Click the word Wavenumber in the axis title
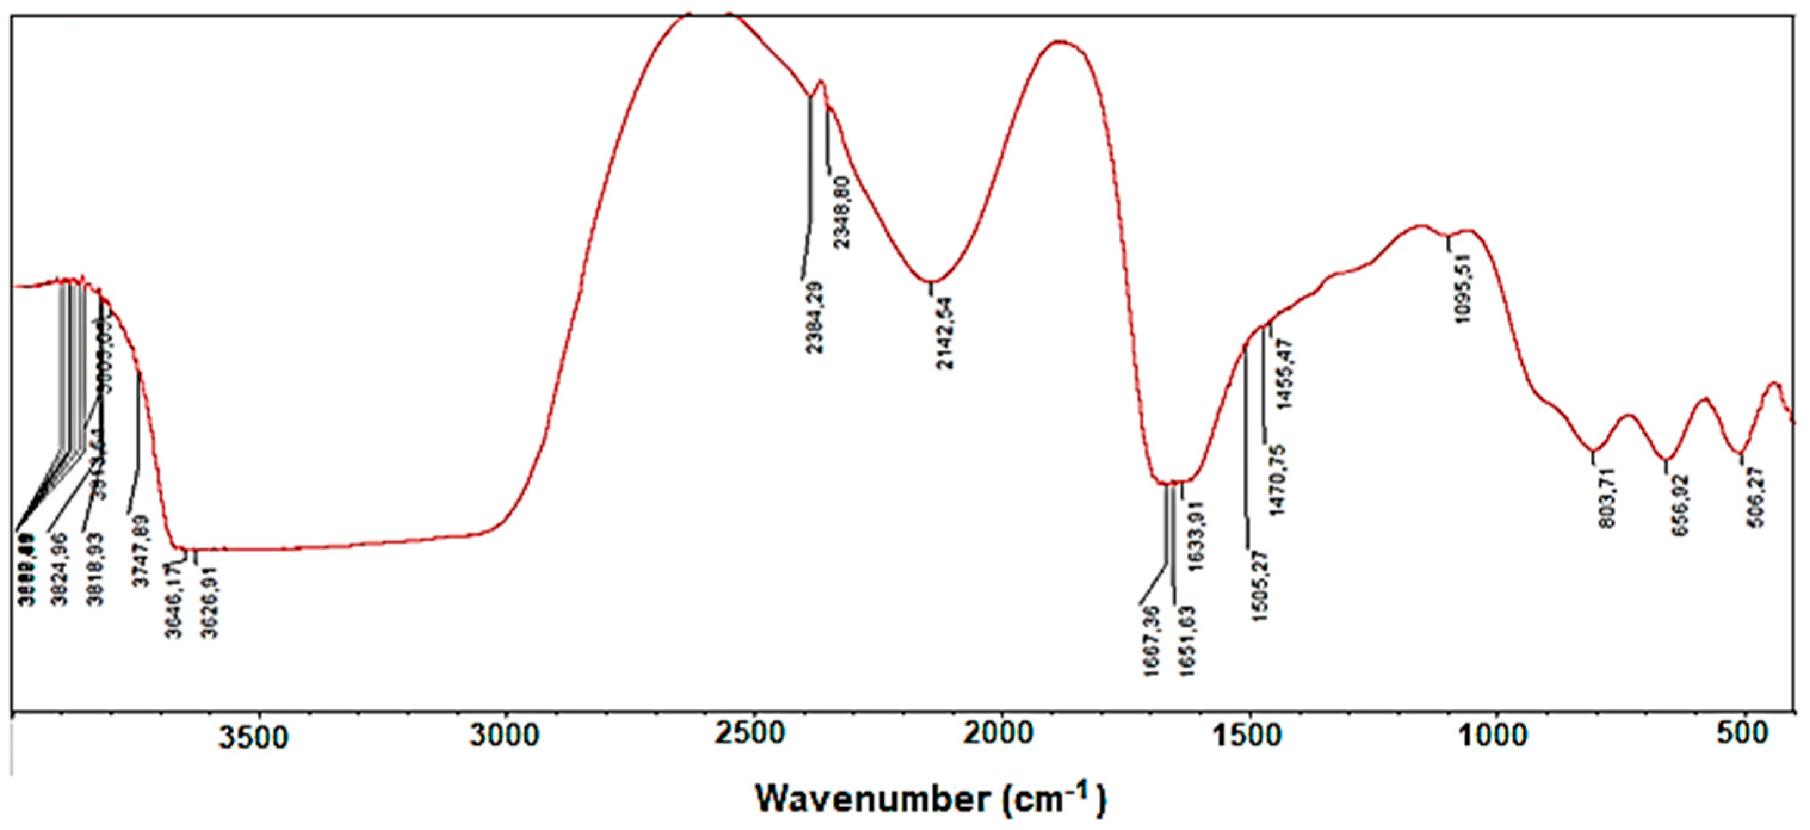pyautogui.click(x=871, y=799)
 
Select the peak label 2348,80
pyautogui.click(x=841, y=212)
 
